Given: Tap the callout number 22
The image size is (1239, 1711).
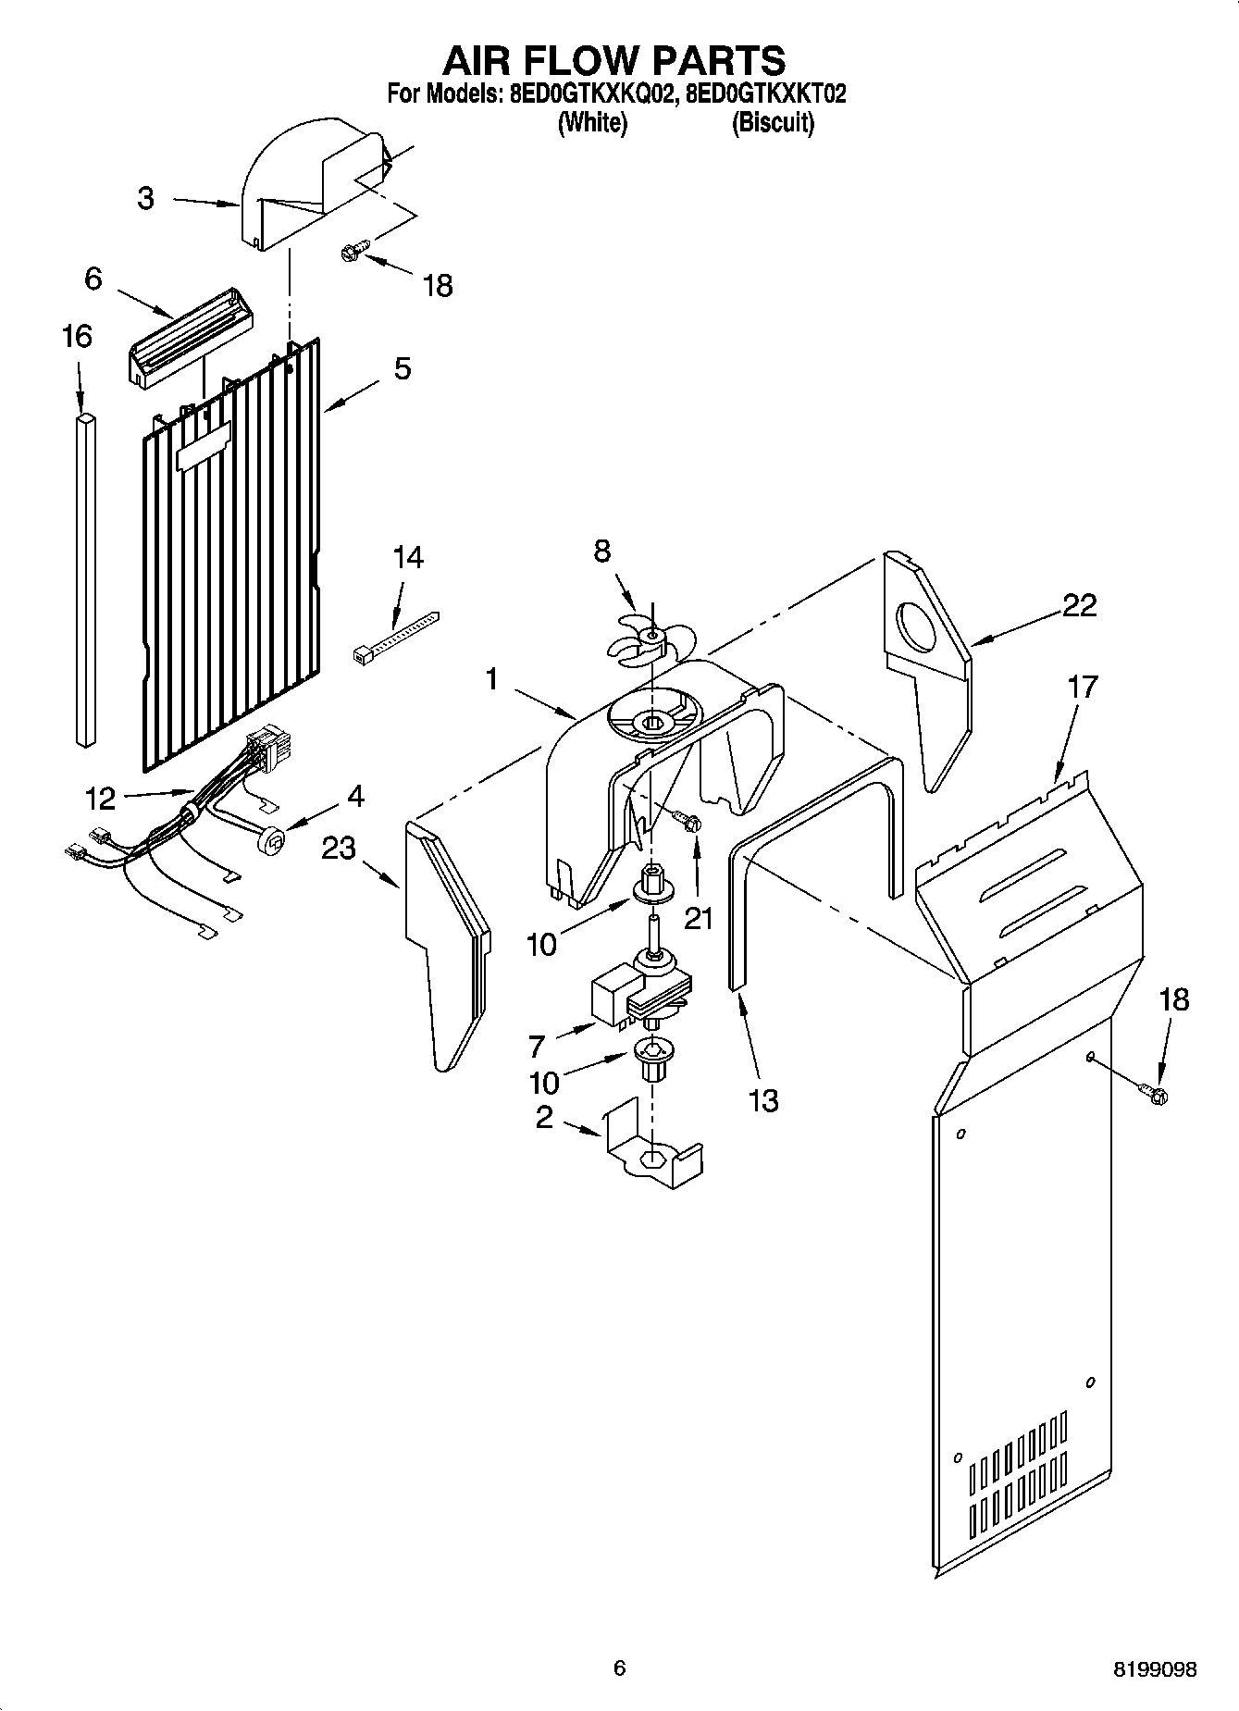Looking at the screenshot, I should tap(1079, 605).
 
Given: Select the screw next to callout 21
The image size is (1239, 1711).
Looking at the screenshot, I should tap(688, 821).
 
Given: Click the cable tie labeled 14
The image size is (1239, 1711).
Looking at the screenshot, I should tap(396, 635).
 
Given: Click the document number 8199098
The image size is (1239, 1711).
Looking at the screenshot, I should tap(1155, 1670).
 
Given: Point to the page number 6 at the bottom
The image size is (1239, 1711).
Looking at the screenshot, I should tap(619, 1668).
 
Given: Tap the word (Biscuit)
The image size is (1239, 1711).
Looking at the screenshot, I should tap(773, 123).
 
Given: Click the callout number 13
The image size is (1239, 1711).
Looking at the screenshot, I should tap(762, 1100).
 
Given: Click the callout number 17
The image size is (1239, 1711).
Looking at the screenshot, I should tap(1082, 687).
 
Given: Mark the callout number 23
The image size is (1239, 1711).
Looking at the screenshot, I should tap(338, 847).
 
